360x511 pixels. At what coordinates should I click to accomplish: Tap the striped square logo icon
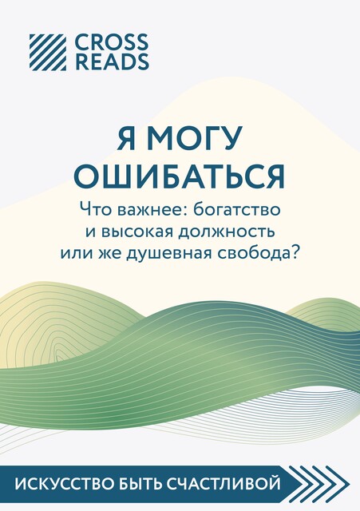(48, 52)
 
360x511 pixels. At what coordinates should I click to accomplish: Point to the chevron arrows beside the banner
(318, 484)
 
